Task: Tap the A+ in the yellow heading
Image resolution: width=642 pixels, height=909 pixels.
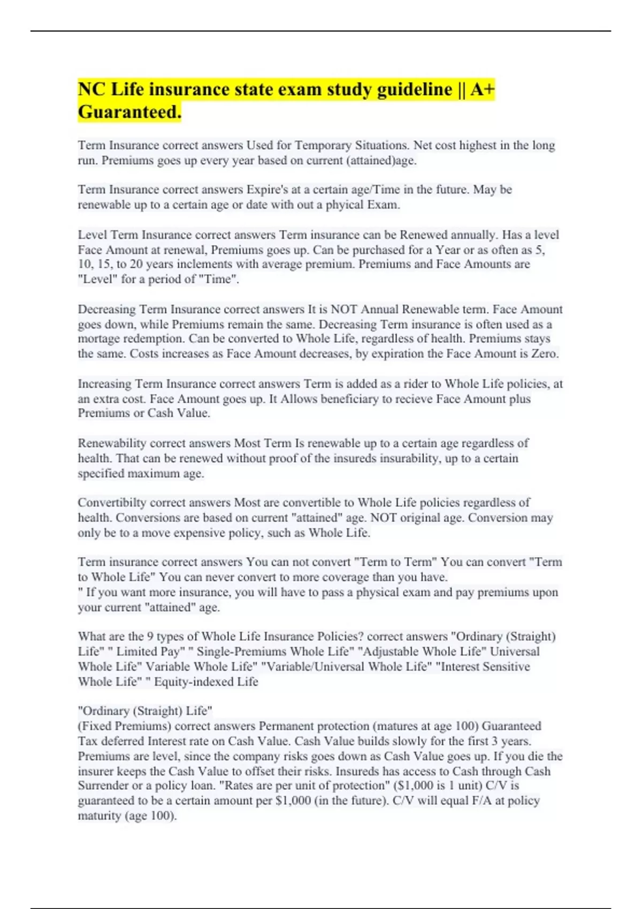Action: pos(483,89)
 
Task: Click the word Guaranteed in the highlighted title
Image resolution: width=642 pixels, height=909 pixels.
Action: pos(129,112)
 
